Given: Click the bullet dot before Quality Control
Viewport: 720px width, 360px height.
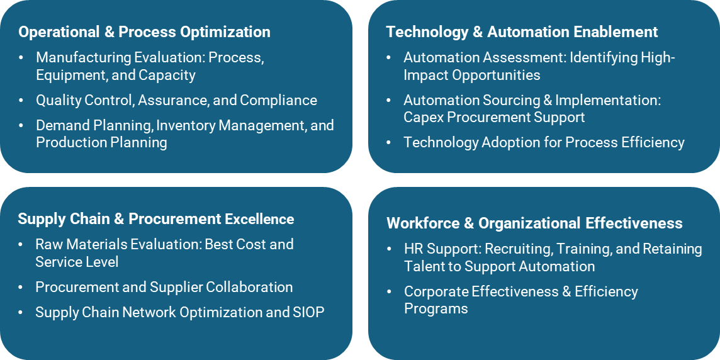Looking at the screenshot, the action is (x=21, y=101).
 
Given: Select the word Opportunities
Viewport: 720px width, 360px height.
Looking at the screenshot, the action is (x=496, y=76).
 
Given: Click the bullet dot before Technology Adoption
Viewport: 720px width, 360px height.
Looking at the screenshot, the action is (x=389, y=143).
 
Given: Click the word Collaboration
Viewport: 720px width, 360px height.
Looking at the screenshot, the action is (x=249, y=287).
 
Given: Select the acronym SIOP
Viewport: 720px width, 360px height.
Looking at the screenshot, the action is (x=308, y=312).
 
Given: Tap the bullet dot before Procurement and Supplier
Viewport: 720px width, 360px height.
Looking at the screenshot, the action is (x=21, y=288).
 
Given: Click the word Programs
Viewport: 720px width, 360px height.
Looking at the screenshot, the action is (x=436, y=308).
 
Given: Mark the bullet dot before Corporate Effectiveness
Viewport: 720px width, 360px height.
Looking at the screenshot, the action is (x=389, y=291).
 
